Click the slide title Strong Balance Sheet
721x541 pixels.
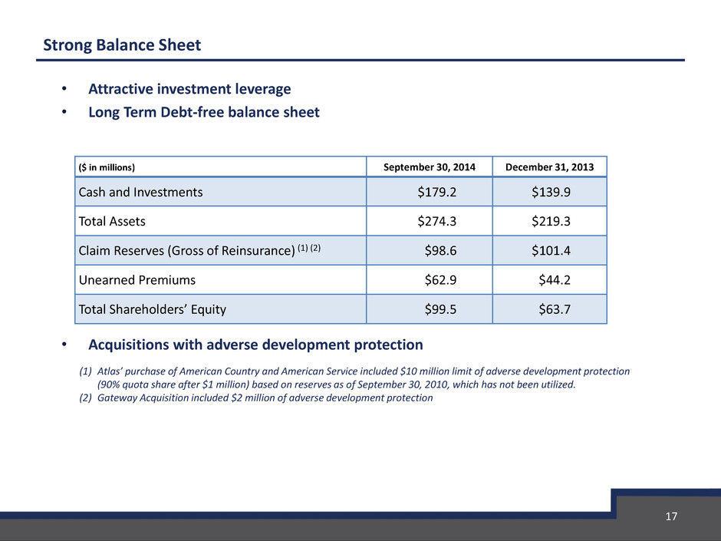click(122, 45)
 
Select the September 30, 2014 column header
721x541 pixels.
click(430, 167)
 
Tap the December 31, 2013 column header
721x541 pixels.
click(549, 167)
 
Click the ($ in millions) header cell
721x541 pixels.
click(107, 167)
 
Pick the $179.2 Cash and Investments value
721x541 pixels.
click(437, 192)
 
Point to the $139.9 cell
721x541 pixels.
click(551, 192)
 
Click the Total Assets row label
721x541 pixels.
click(112, 221)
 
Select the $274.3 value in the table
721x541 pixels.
click(437, 221)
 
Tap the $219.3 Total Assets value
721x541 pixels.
click(551, 221)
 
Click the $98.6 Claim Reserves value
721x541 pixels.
click(440, 251)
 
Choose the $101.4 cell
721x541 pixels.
click(551, 251)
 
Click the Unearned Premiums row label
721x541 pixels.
click(137, 279)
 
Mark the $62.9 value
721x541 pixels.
click(440, 279)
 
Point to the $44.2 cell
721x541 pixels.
click(555, 279)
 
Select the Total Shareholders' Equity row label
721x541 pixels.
click(152, 309)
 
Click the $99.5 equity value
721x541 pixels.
click(440, 309)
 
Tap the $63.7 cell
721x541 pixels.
click(555, 309)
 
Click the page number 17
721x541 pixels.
click(671, 516)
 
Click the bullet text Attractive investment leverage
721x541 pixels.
click(189, 89)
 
